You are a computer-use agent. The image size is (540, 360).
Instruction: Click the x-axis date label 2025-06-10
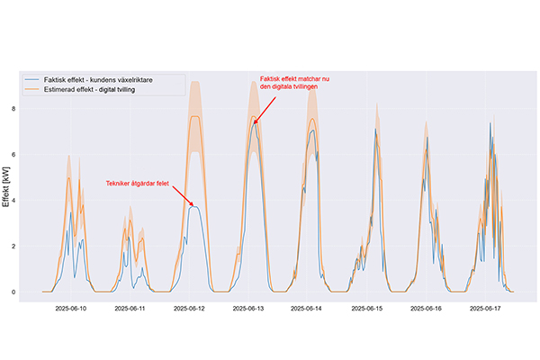pos(71,309)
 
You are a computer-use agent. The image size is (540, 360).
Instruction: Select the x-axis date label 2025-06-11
pos(130,309)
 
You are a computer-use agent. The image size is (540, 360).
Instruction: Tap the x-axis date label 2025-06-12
pos(190,309)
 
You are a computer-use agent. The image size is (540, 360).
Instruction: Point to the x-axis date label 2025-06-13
pos(249,309)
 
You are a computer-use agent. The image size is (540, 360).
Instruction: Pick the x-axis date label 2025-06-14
pos(309,309)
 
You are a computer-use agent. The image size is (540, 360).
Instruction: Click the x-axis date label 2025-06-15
pos(367,309)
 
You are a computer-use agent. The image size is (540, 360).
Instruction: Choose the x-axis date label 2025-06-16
pos(427,309)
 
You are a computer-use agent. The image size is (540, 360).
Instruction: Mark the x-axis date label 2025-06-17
pos(486,309)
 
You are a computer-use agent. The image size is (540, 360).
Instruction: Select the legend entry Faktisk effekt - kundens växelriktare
pos(112,80)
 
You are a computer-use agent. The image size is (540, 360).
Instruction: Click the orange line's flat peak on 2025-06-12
pos(193,117)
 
